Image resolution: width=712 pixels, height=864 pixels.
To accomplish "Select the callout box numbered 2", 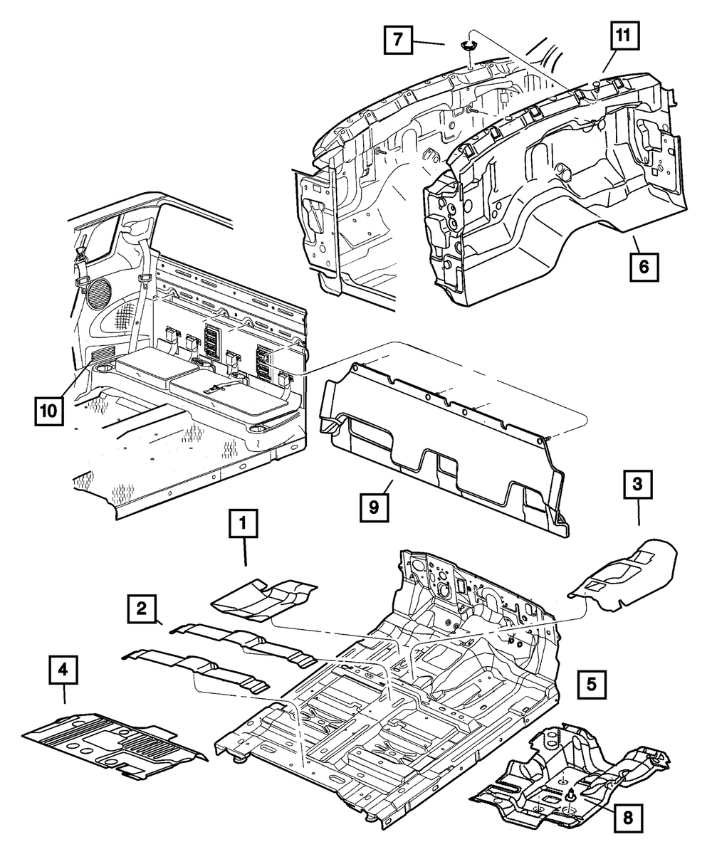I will (142, 609).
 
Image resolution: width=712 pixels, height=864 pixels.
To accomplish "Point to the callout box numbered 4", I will (63, 670).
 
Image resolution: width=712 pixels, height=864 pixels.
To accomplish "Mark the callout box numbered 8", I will (627, 818).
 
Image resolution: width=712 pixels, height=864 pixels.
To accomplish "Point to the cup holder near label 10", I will (100, 368).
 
